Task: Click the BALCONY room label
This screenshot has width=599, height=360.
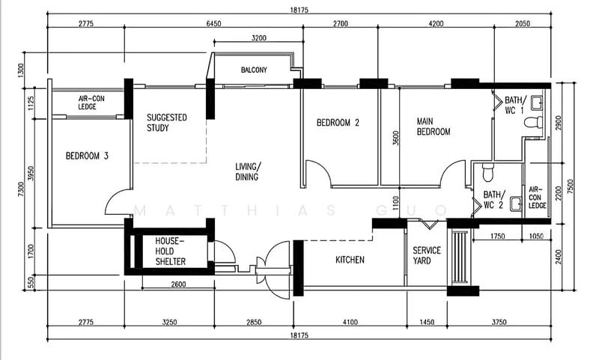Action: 254,70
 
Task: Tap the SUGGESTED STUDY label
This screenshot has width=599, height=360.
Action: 166,123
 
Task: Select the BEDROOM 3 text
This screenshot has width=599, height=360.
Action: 87,156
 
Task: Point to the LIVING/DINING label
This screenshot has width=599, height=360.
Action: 248,172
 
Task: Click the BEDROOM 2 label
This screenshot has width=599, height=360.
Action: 338,123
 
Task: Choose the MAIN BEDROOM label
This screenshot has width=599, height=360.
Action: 434,126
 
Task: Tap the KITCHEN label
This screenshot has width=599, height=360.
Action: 350,260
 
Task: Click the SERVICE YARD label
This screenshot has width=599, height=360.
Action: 427,256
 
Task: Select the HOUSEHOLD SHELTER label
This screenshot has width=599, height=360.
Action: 171,251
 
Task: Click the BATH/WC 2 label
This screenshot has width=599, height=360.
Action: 494,200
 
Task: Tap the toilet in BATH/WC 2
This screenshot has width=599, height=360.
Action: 488,173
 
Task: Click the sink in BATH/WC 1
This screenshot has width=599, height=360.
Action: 537,103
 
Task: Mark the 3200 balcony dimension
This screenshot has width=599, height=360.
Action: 259,37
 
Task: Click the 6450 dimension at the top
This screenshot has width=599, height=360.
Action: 213,24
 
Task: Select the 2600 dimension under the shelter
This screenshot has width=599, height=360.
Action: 178,284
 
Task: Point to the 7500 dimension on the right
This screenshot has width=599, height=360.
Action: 571,186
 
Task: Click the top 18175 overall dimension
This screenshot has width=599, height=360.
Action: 299,10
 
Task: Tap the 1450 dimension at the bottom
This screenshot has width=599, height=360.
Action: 427,323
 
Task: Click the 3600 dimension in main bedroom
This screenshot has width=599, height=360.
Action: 396,138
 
